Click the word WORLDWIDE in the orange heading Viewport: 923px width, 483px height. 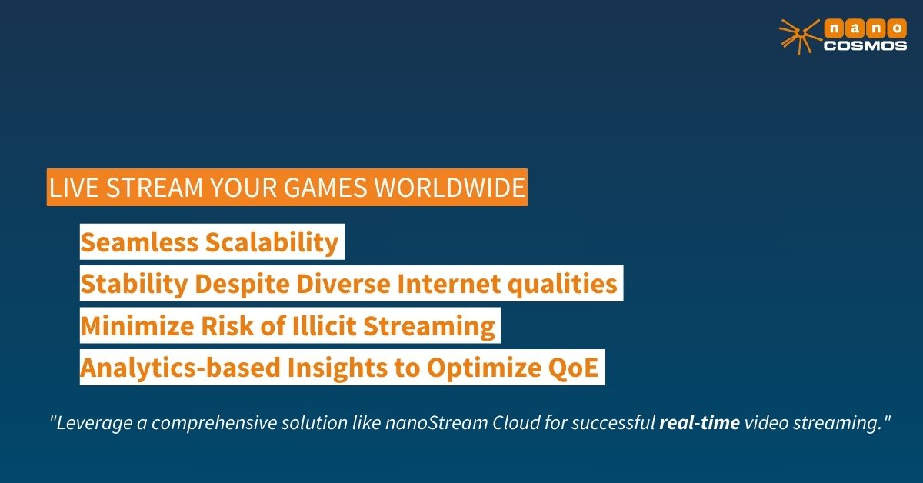449,188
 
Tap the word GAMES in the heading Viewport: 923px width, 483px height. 325,188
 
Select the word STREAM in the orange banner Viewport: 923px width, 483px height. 155,188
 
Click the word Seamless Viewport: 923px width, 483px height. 140,242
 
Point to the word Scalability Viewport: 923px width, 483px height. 272,243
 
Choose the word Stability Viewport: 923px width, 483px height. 135,285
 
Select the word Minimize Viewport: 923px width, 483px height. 137,326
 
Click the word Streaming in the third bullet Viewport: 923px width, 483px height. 429,327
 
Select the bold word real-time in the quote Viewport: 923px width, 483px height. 699,423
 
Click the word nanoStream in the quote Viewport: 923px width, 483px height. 436,423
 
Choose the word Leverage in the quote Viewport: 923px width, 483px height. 95,424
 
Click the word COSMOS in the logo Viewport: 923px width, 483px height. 865,45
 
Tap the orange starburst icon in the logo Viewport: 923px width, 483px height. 799,37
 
